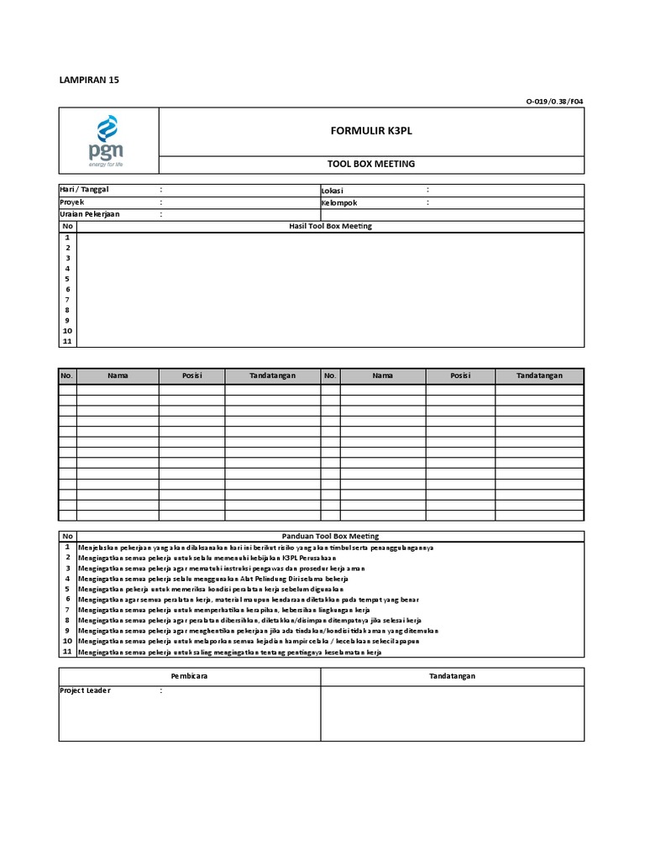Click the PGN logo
[108, 144]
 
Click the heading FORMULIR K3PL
[370, 132]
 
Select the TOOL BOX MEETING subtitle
[370, 164]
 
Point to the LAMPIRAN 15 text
[89, 80]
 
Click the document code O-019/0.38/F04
[554, 102]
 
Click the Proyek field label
[72, 202]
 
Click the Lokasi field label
[333, 191]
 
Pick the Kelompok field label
[339, 202]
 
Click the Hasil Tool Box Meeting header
[330, 226]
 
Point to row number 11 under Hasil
[67, 341]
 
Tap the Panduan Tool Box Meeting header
[330, 536]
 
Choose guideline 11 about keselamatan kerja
[228, 652]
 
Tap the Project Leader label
[85, 690]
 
